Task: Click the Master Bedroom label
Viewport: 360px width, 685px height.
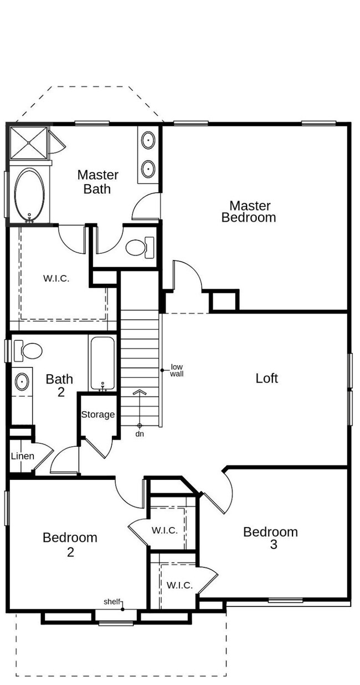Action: pos(249,212)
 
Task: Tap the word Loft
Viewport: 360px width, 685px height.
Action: pos(266,379)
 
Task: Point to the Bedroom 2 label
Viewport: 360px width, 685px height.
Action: pos(70,545)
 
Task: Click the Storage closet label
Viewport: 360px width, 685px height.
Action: pos(98,415)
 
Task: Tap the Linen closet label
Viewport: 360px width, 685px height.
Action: pos(22,456)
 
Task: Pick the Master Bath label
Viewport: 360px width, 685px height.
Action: pos(97,182)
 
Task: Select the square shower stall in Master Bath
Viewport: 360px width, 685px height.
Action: pos(28,143)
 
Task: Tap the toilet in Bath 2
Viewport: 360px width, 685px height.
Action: pos(28,350)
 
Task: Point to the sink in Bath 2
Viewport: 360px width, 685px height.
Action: pos(22,381)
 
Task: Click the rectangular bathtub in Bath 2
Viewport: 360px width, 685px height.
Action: pos(102,364)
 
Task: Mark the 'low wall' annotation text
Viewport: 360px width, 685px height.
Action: pos(177,370)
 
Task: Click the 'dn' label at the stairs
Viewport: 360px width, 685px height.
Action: pos(140,434)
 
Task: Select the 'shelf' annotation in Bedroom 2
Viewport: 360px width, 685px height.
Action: pos(112,602)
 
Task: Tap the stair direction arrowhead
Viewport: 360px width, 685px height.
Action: pos(140,392)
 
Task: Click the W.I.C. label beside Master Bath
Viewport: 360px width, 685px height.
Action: pos(56,279)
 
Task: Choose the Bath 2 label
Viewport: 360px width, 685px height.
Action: pos(60,385)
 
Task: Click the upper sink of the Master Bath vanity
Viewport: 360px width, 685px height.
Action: pos(148,140)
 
